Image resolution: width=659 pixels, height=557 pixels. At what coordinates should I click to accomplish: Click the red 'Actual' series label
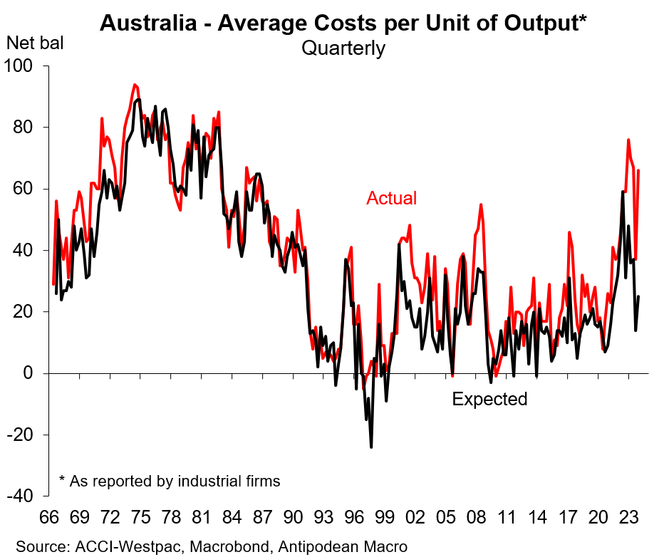[x=391, y=198]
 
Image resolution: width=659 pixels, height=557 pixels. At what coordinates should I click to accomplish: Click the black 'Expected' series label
[x=489, y=399]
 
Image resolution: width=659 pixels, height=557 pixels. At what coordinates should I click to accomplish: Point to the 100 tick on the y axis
[x=24, y=66]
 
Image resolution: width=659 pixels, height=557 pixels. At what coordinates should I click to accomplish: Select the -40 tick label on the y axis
[x=24, y=496]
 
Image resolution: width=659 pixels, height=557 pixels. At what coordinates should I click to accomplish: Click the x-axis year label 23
[x=628, y=517]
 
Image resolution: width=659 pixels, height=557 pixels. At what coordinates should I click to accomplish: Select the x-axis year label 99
[x=384, y=517]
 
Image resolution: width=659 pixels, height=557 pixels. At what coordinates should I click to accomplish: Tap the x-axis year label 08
[x=475, y=517]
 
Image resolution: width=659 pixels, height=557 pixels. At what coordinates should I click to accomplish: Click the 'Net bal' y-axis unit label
[x=34, y=43]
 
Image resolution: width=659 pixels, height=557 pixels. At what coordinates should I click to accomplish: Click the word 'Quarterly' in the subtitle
[x=343, y=48]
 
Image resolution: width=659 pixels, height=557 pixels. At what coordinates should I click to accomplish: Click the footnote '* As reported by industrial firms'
[x=170, y=481]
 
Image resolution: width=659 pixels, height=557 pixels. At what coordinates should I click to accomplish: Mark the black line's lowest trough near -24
[x=371, y=447]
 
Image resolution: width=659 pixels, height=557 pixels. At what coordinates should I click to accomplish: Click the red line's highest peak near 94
[x=134, y=84]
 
